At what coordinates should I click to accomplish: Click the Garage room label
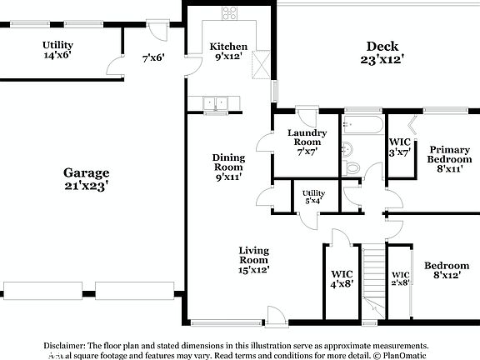(x=87, y=178)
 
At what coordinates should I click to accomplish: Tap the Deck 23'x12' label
(x=382, y=52)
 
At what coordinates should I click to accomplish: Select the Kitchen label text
(x=227, y=52)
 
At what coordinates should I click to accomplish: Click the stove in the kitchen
(x=229, y=12)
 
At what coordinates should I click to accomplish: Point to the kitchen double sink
(x=215, y=104)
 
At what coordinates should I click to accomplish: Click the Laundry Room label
(x=307, y=142)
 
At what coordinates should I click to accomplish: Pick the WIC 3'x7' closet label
(x=400, y=147)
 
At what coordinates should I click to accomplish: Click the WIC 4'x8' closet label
(x=342, y=278)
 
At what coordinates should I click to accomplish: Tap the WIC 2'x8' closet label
(x=401, y=278)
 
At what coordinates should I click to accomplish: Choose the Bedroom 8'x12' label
(x=447, y=271)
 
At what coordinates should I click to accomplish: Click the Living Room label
(x=254, y=259)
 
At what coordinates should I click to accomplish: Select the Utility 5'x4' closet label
(x=313, y=197)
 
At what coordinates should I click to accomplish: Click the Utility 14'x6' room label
(x=57, y=49)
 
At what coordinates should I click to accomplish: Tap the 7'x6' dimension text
(x=152, y=58)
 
